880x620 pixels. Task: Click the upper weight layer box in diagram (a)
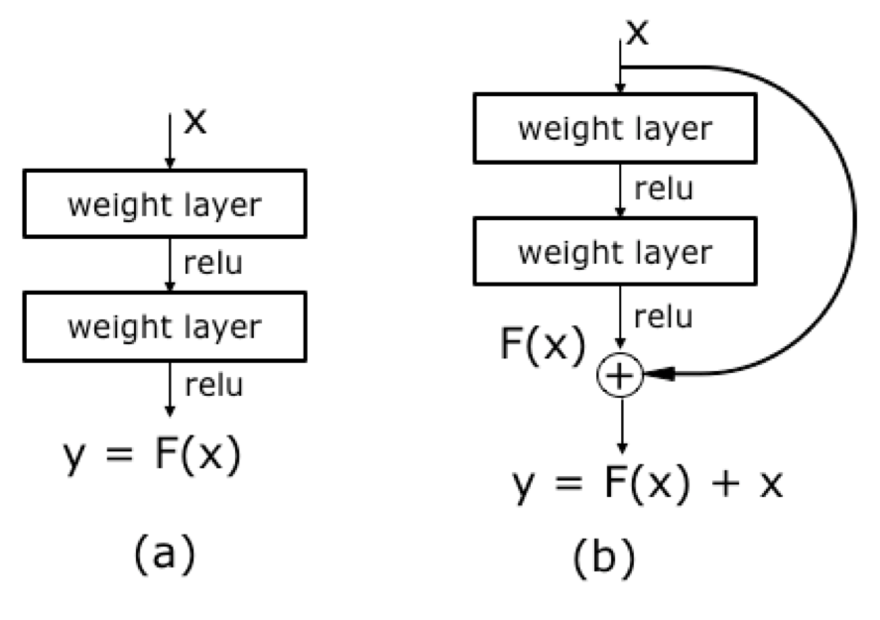click(165, 203)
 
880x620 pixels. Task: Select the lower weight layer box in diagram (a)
click(165, 326)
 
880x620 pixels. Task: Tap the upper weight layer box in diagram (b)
click(615, 128)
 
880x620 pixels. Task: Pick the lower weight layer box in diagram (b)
click(615, 251)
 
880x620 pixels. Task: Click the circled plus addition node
click(620, 375)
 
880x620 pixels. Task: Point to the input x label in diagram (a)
click(195, 121)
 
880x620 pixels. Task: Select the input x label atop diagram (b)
click(637, 33)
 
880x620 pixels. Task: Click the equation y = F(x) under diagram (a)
click(152, 454)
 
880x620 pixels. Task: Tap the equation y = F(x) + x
click(648, 483)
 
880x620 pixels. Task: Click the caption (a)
click(165, 554)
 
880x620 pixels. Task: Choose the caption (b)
click(604, 557)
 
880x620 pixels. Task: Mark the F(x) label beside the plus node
click(542, 343)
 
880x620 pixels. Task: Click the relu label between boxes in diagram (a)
click(213, 263)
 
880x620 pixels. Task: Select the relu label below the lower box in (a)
click(214, 386)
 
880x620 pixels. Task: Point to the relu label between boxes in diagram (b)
click(664, 188)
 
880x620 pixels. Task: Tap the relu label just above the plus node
click(664, 317)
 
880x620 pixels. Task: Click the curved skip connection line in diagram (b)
click(855, 219)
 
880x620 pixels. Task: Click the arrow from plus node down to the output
click(622, 426)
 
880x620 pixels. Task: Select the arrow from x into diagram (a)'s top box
click(170, 141)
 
